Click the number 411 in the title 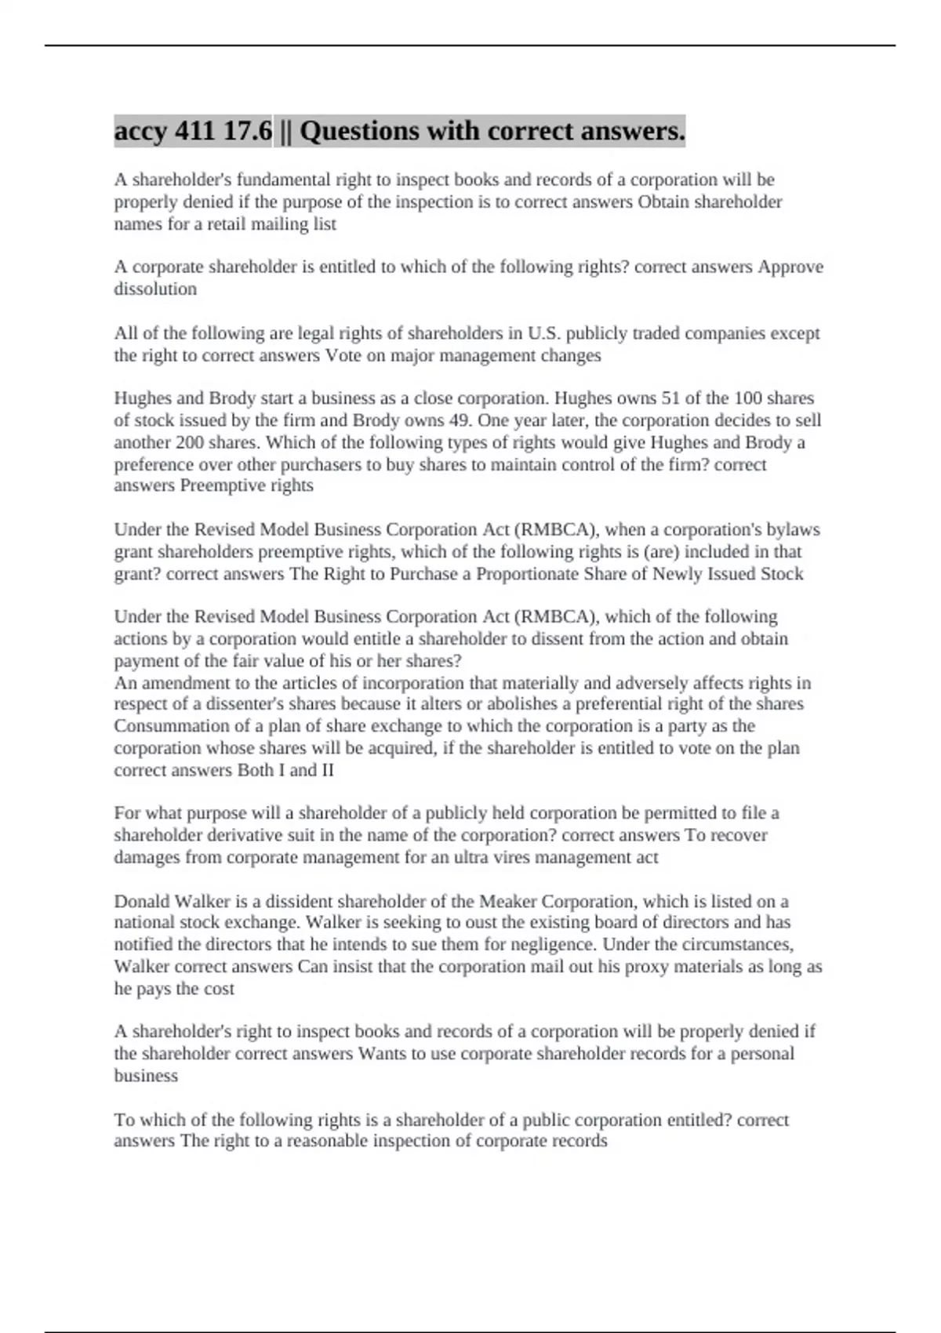195,131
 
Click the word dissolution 155,289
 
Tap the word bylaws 791,529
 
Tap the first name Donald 141,901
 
